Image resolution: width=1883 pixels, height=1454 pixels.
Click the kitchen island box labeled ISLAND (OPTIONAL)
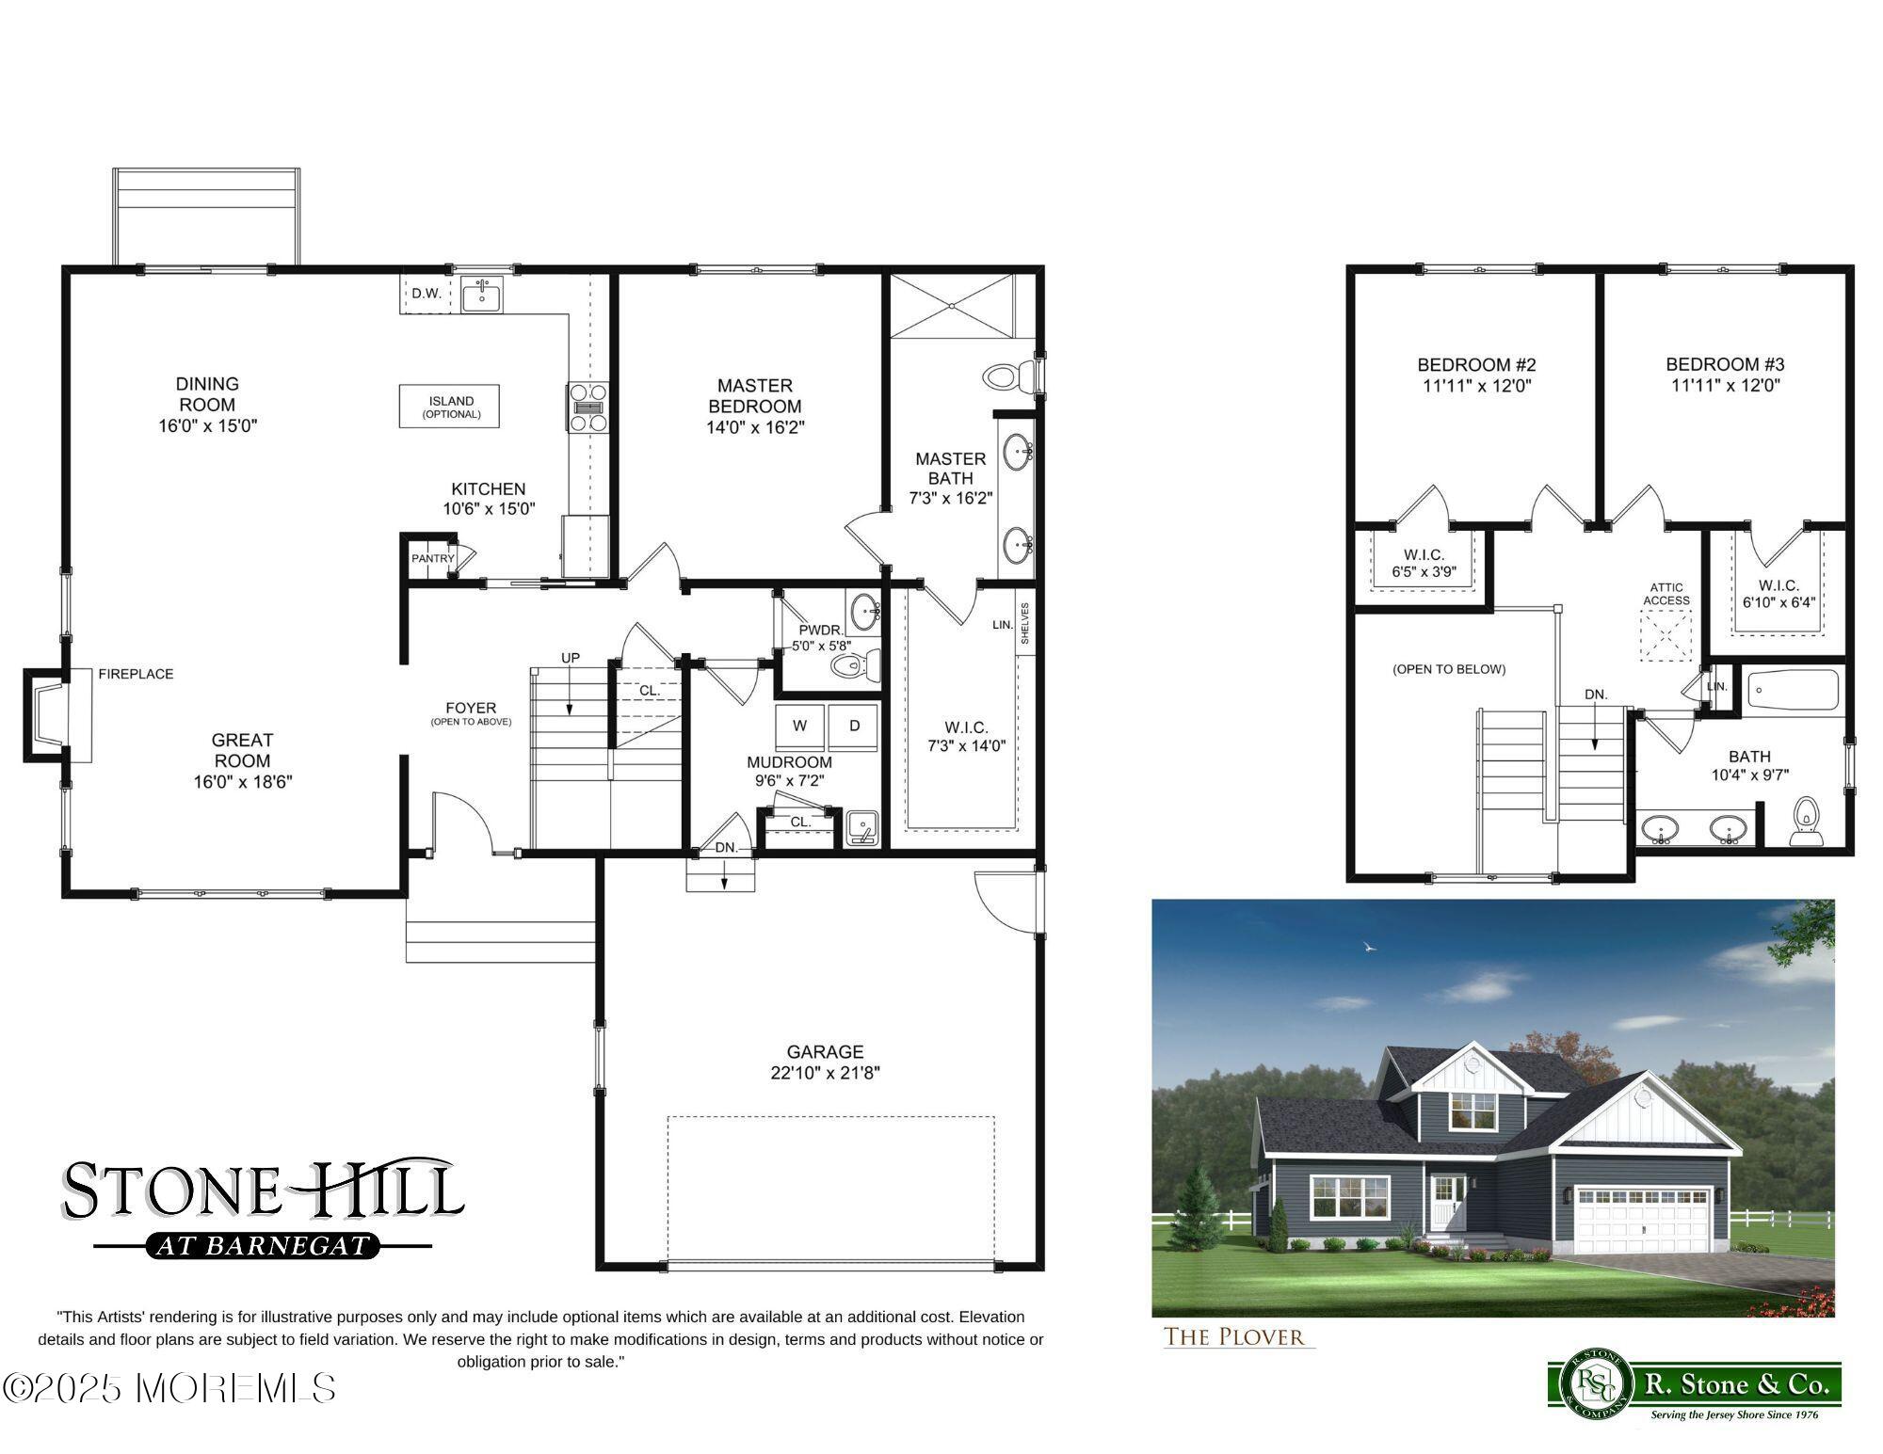coord(449,407)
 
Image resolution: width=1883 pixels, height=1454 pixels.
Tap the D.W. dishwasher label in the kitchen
coord(426,294)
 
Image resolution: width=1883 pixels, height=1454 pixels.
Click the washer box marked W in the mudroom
coord(799,726)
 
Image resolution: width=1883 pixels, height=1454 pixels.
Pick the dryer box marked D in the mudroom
coord(854,726)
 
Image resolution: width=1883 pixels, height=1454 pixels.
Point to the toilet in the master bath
coord(1007,377)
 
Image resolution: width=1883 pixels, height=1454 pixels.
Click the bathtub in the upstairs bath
coord(1793,691)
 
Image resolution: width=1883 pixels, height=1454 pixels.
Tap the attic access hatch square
coord(1666,636)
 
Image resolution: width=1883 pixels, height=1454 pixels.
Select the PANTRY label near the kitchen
coord(432,558)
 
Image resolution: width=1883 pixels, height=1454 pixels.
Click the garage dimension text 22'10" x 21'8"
coord(825,1073)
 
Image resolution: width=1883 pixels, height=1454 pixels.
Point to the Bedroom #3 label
coord(1725,364)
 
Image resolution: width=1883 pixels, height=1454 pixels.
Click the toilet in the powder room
coord(854,665)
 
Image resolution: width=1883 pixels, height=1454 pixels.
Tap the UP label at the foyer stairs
coord(571,658)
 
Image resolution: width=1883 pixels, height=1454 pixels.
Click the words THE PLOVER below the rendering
coord(1234,1336)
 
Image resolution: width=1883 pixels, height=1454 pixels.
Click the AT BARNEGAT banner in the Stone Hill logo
coord(263,1246)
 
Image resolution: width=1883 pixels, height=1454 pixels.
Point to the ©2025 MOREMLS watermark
coord(169,1388)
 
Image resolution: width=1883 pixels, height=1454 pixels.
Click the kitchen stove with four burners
coord(587,407)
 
